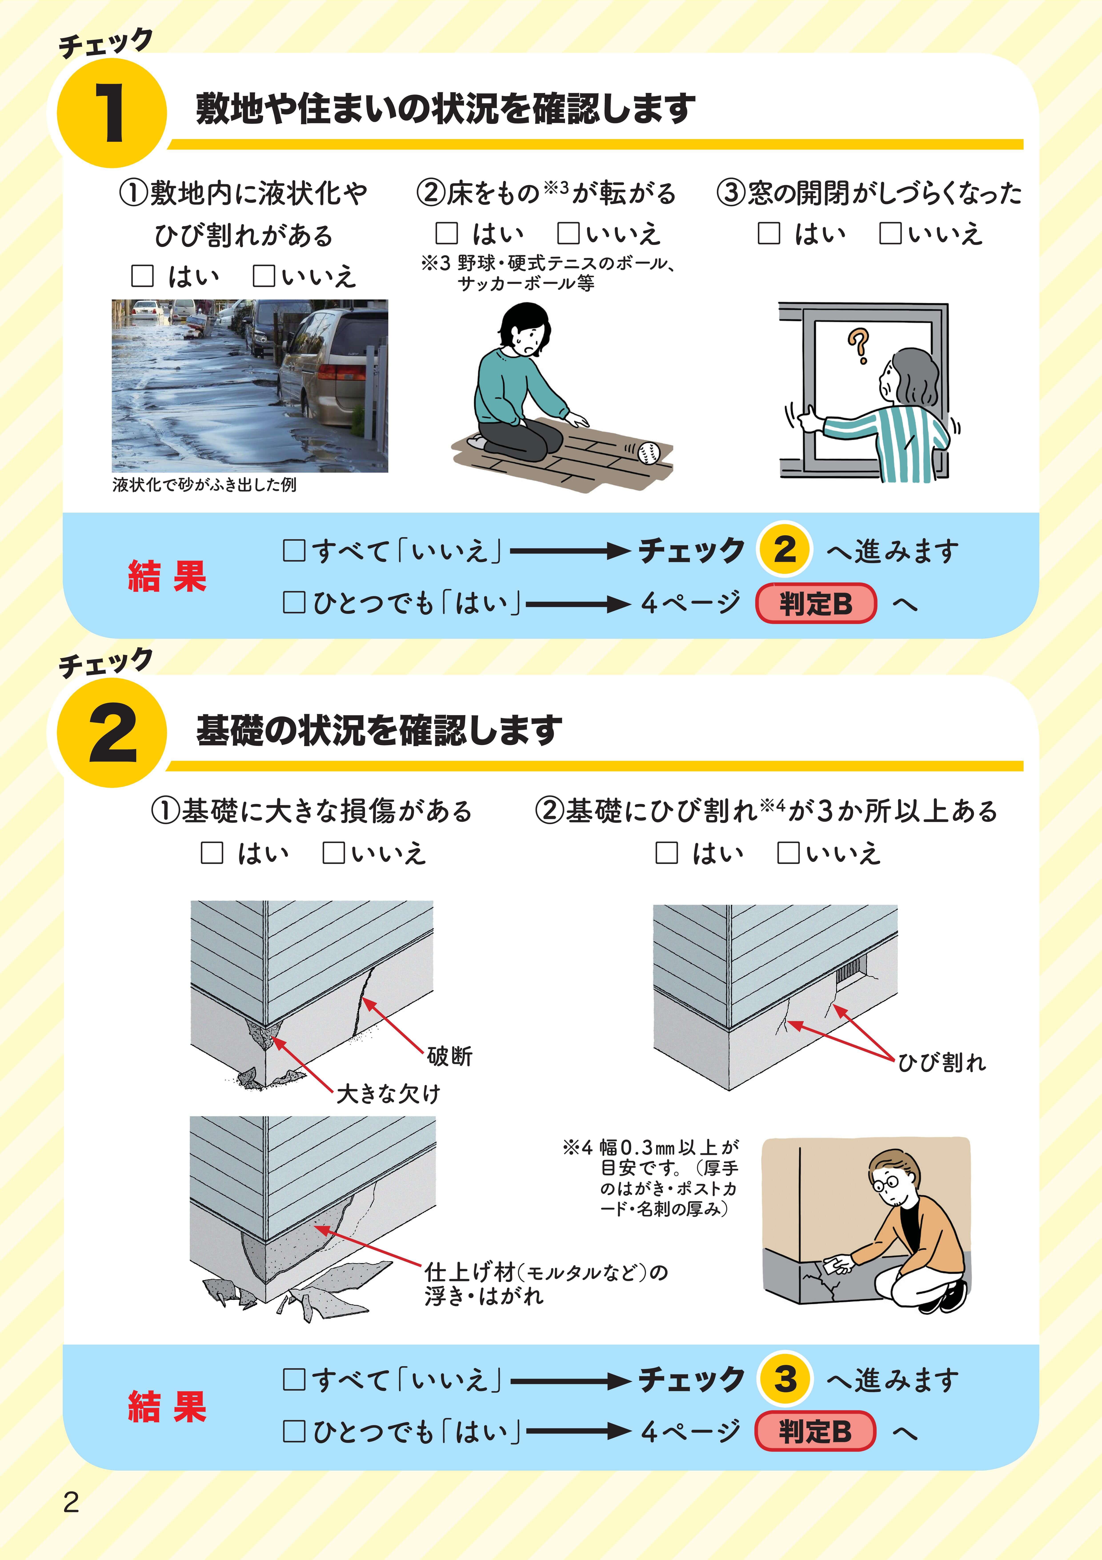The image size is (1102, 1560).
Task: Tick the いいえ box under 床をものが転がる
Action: point(568,233)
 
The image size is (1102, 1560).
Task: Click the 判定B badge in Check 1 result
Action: point(815,603)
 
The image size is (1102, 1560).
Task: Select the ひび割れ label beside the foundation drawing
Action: point(942,1062)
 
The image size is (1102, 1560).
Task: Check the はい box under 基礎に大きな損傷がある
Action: point(212,853)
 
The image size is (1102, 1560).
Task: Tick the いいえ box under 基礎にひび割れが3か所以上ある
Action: point(788,853)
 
